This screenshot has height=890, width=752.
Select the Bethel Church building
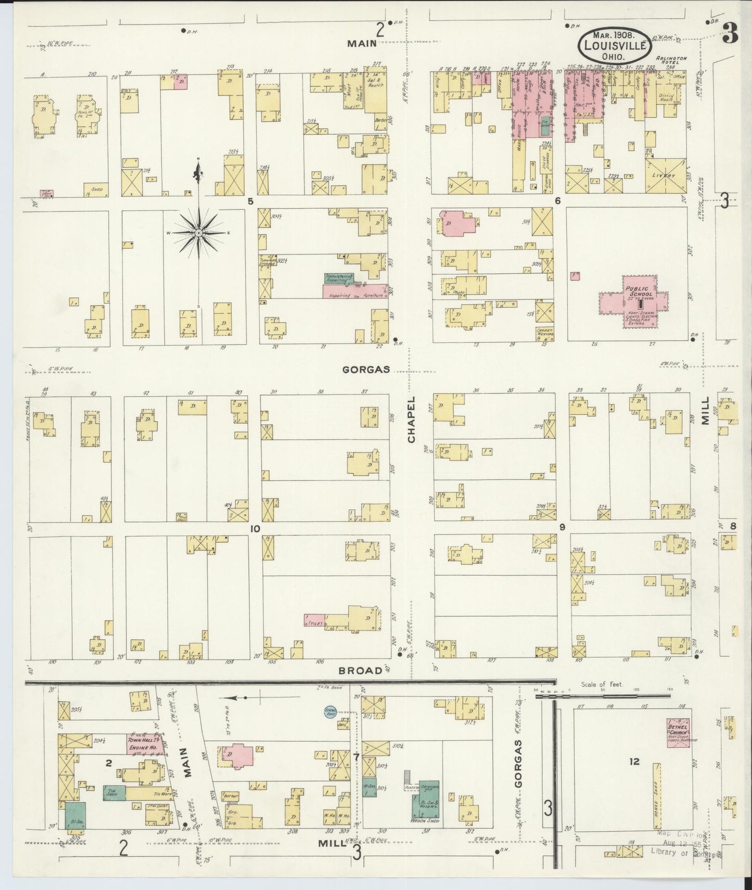coord(679,733)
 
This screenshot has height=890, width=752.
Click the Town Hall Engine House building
coord(143,744)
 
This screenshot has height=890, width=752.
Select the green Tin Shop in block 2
coord(114,793)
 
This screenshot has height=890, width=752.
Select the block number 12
coord(633,762)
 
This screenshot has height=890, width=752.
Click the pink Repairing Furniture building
coord(354,295)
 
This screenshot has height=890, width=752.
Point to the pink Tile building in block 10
coord(314,620)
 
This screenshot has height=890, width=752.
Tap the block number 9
coord(562,527)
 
